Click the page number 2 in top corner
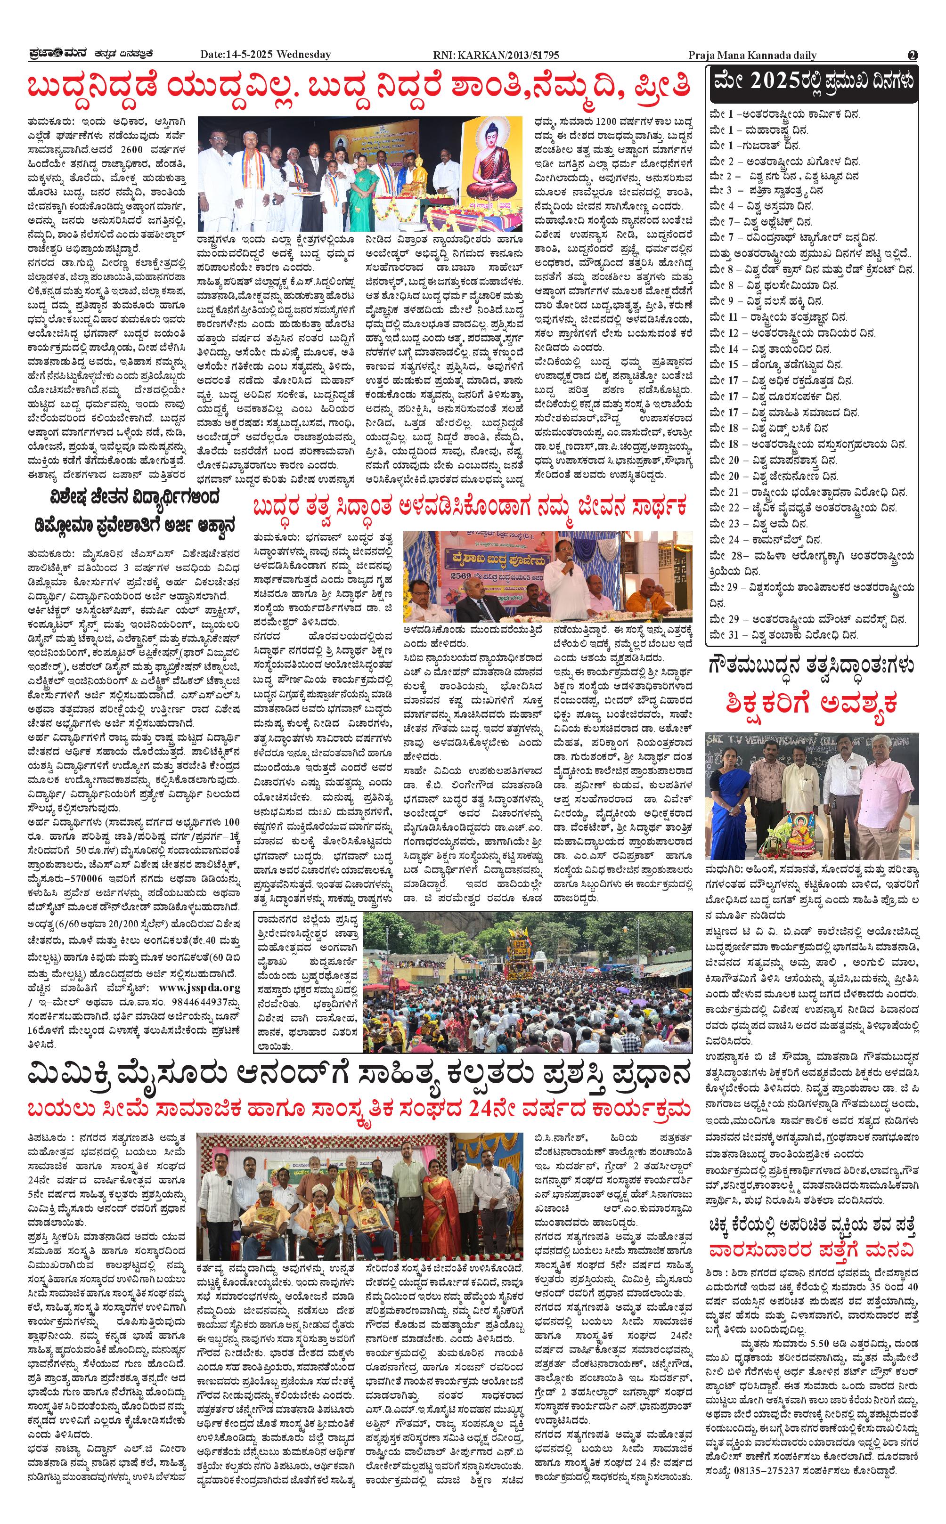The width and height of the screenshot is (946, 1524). [912, 55]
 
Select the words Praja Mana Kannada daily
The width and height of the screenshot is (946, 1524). [752, 55]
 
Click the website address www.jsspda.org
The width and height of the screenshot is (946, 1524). [199, 988]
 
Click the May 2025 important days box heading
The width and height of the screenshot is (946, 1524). [813, 82]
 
